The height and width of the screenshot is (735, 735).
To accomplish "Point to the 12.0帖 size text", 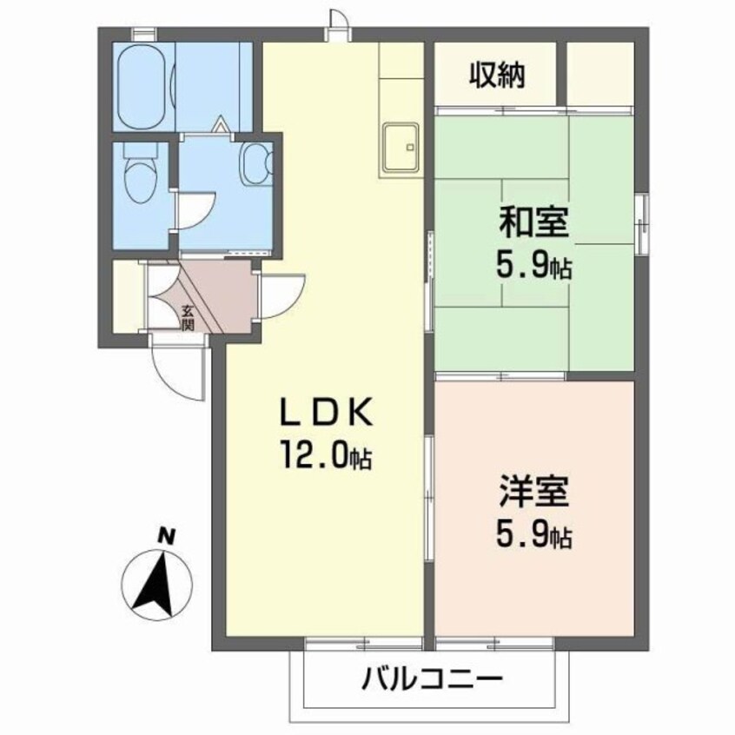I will coord(327,453).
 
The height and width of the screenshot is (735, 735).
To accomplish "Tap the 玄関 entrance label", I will coord(188,318).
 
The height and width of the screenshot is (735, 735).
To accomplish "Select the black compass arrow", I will coord(156,583).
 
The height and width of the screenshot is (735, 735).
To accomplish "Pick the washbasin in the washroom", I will coord(255,162).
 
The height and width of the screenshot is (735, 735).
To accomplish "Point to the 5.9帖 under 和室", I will coord(534,267).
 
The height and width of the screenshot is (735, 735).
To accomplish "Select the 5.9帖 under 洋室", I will coord(534,536).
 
